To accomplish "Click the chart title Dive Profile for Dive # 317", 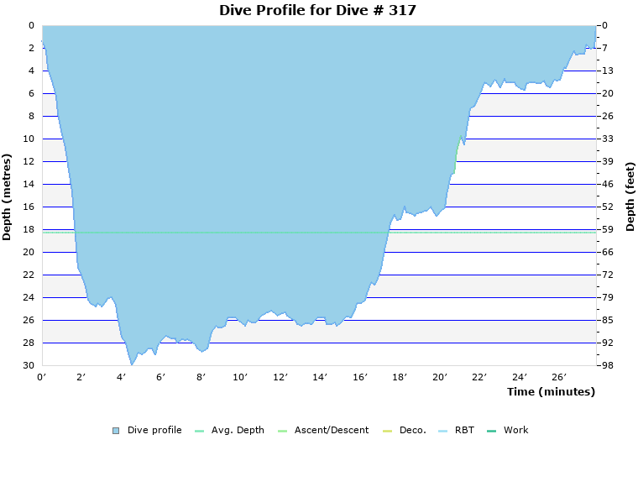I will [x=317, y=11].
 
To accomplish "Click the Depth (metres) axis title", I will [x=8, y=196].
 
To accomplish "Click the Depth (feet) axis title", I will [x=630, y=196].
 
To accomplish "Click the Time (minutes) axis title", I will [x=551, y=392].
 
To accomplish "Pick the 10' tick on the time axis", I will [x=241, y=377].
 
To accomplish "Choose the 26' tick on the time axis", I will [x=559, y=377].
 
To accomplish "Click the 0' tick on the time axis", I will [x=42, y=377].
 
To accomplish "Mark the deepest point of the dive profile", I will [x=132, y=364].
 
